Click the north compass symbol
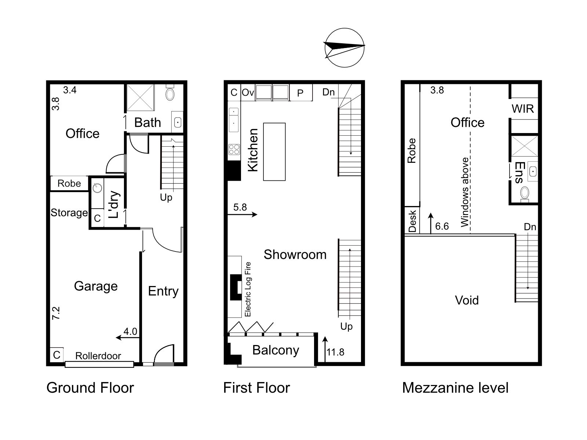pyautogui.click(x=344, y=48)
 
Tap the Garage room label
pyautogui.click(x=96, y=286)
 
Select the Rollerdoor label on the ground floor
pyautogui.click(x=98, y=356)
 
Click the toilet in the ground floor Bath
pyautogui.click(x=170, y=93)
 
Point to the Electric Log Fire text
pyautogui.click(x=248, y=289)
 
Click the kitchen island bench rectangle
pyautogui.click(x=274, y=152)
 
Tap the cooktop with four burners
pyautogui.click(x=234, y=149)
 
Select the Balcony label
pyautogui.click(x=276, y=350)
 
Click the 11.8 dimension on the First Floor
pyautogui.click(x=335, y=352)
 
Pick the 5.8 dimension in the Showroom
pyautogui.click(x=240, y=207)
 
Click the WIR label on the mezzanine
pyautogui.click(x=523, y=109)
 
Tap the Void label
pyautogui.click(x=467, y=300)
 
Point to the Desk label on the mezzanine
pyautogui.click(x=412, y=221)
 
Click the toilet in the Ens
pyautogui.click(x=525, y=193)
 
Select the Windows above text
pyautogui.click(x=465, y=192)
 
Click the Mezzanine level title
pyautogui.click(x=455, y=388)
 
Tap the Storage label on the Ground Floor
pyautogui.click(x=69, y=213)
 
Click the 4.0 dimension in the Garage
pyautogui.click(x=130, y=331)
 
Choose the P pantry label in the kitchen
pyautogui.click(x=300, y=93)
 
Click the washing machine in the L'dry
pyautogui.click(x=98, y=188)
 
